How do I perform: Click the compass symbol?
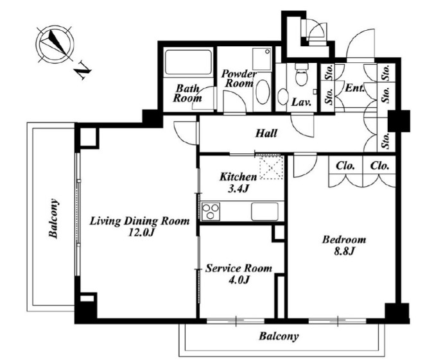[55, 44]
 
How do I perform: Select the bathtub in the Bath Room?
[188, 62]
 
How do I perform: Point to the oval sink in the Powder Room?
[263, 92]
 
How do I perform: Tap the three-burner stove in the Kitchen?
[211, 211]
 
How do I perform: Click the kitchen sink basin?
[265, 211]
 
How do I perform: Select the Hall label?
[266, 133]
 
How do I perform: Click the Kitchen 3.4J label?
[238, 182]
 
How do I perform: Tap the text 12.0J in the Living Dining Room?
[141, 232]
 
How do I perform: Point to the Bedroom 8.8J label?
[344, 245]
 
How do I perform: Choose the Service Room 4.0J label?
[239, 273]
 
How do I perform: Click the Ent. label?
[354, 88]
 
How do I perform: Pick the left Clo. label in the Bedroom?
[345, 166]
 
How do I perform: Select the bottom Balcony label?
[279, 336]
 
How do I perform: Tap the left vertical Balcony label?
[53, 219]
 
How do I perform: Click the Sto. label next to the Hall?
[386, 141]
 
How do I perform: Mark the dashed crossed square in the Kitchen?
[271, 167]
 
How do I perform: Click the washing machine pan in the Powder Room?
[262, 60]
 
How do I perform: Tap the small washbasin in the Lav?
[282, 96]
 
